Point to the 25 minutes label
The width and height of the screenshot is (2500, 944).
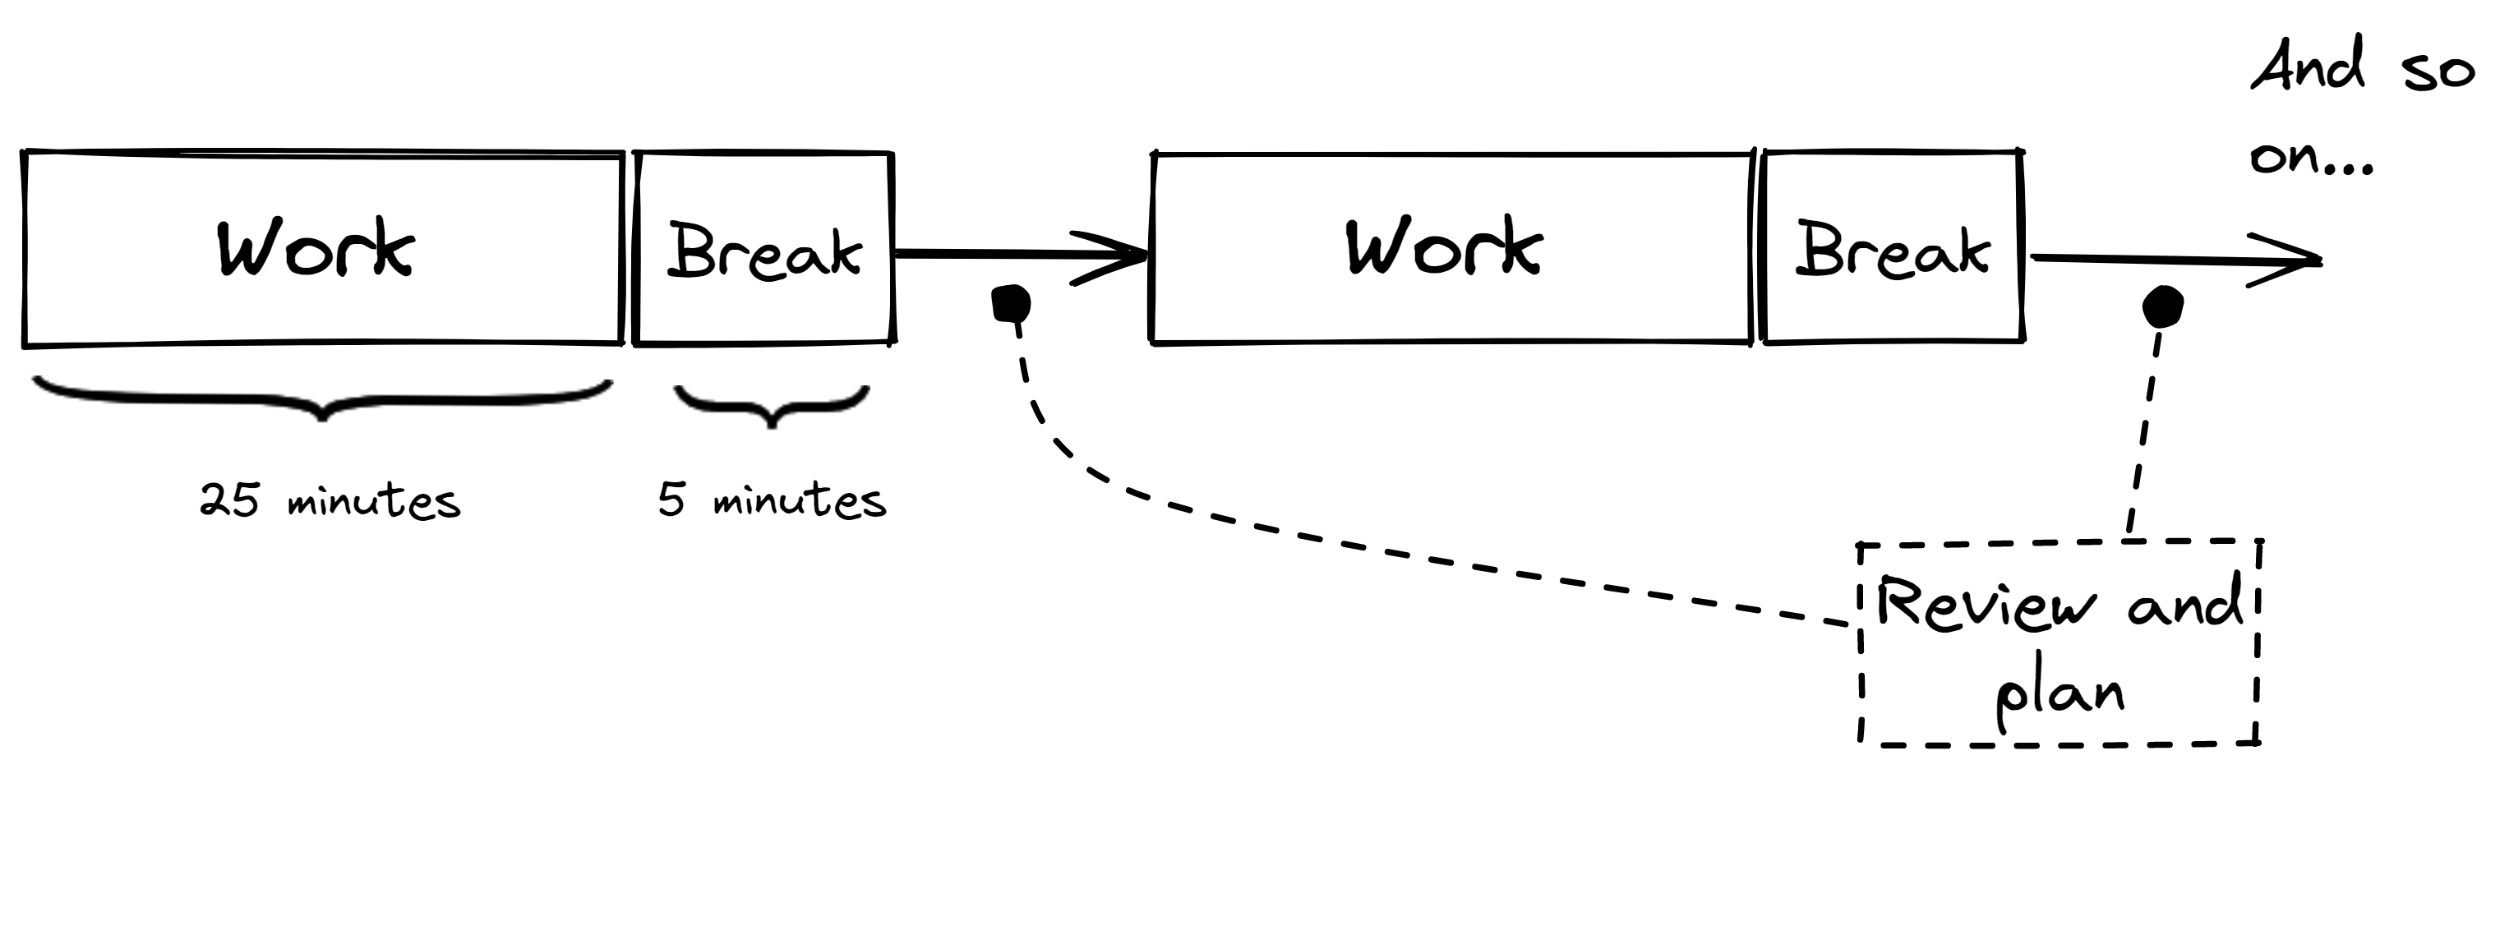pos(330,500)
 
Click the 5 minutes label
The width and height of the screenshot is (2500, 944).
pos(772,500)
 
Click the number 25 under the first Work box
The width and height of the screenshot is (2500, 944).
pos(229,500)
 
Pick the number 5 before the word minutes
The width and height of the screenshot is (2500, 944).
pos(671,499)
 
